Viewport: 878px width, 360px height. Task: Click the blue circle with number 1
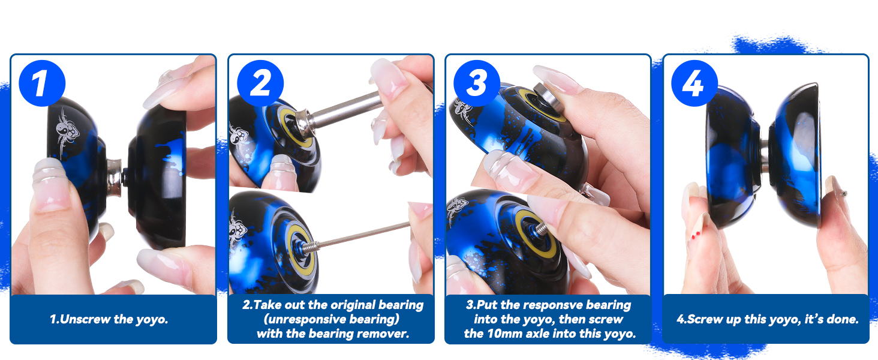(x=41, y=83)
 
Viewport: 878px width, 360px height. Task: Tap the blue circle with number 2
(x=260, y=83)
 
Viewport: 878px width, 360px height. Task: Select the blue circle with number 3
(x=476, y=83)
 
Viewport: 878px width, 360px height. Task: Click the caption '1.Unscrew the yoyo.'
(x=109, y=319)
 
